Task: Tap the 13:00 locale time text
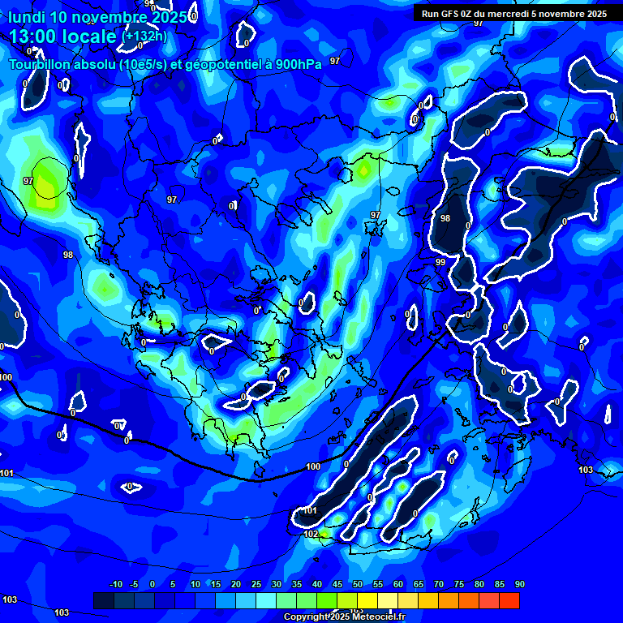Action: coord(63,37)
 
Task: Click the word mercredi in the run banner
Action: coord(524,14)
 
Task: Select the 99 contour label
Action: coord(440,263)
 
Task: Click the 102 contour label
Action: coord(311,535)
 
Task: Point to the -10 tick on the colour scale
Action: coord(115,585)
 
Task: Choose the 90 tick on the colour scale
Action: coord(519,585)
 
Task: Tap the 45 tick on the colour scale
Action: coord(337,585)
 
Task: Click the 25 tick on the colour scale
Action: coord(256,585)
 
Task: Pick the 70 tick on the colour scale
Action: coord(438,585)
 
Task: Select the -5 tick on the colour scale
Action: coord(134,585)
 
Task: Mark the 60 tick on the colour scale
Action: coord(397,585)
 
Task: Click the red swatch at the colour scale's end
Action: coord(509,600)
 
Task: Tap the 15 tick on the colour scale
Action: coord(215,585)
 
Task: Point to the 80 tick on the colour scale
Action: coord(479,585)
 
